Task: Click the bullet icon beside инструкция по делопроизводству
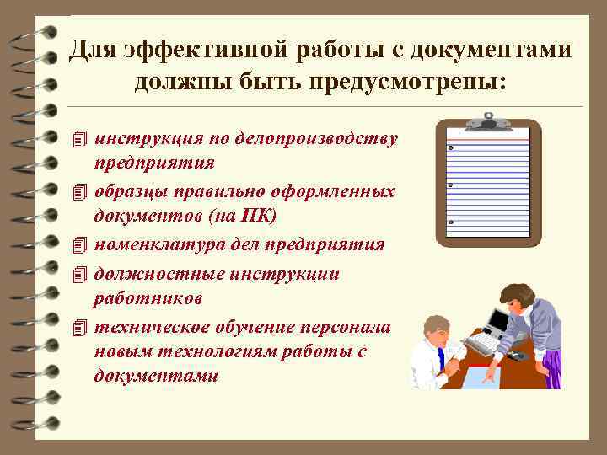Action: (80, 137)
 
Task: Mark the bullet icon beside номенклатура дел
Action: (80, 244)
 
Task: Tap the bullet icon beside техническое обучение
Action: (80, 326)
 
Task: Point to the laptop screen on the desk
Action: (498, 320)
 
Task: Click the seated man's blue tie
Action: (441, 358)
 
